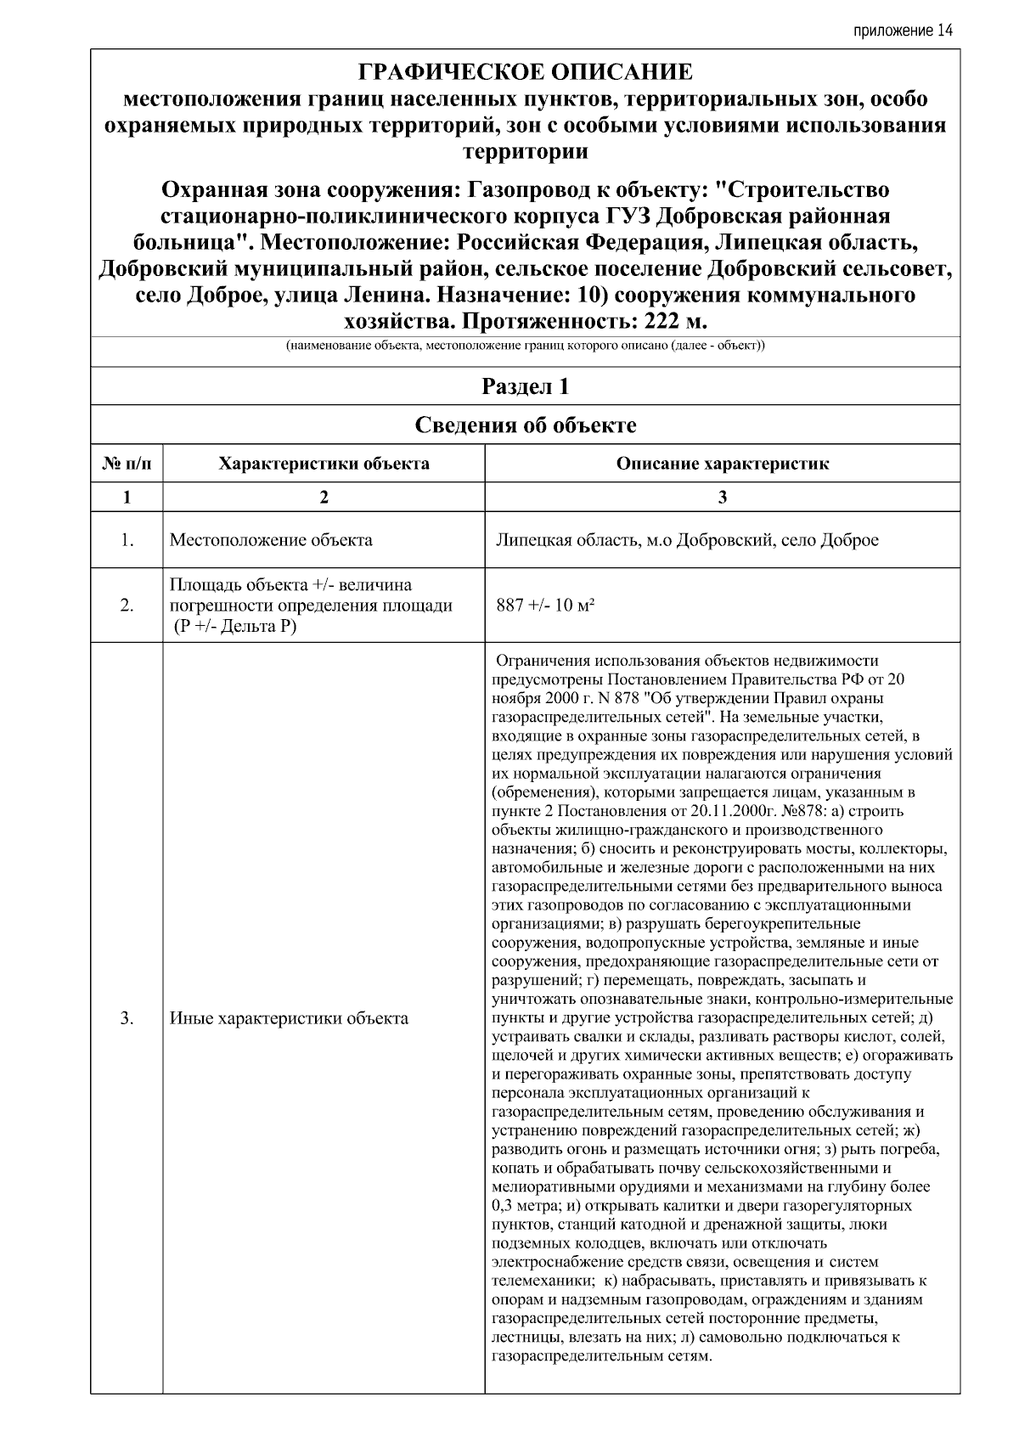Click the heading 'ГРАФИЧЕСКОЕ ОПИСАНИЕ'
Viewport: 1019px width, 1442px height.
pos(526,71)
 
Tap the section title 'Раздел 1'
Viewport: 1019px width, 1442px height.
pos(526,387)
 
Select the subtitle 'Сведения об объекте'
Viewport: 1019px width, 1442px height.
pos(526,425)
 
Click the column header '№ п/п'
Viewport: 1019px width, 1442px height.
pos(127,464)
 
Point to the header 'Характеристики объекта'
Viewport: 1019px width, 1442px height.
pos(324,464)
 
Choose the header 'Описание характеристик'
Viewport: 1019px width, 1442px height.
pos(722,464)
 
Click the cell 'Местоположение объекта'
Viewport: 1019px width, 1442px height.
pos(271,540)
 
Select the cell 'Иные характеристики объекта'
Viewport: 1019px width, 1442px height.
pos(290,1018)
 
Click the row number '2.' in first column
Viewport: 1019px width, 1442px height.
pos(127,606)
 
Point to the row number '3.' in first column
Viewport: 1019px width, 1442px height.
pos(127,1018)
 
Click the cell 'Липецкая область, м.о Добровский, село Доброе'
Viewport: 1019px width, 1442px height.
pos(686,540)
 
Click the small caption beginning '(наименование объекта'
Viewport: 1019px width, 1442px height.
pos(526,346)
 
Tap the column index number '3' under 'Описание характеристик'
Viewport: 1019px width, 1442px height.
pos(722,498)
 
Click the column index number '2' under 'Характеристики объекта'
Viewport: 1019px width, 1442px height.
pos(324,498)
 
